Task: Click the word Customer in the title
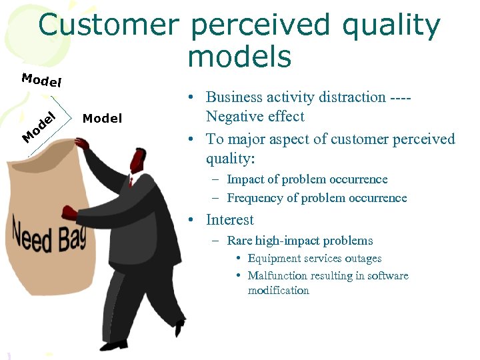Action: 108,25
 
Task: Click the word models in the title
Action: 239,57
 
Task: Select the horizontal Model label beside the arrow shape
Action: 102,119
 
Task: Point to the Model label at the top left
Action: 41,81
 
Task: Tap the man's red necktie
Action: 131,182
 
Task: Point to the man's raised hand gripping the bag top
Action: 81,143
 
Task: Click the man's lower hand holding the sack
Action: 69,213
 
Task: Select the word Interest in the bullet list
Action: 229,220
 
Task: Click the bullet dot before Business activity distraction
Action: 191,98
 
